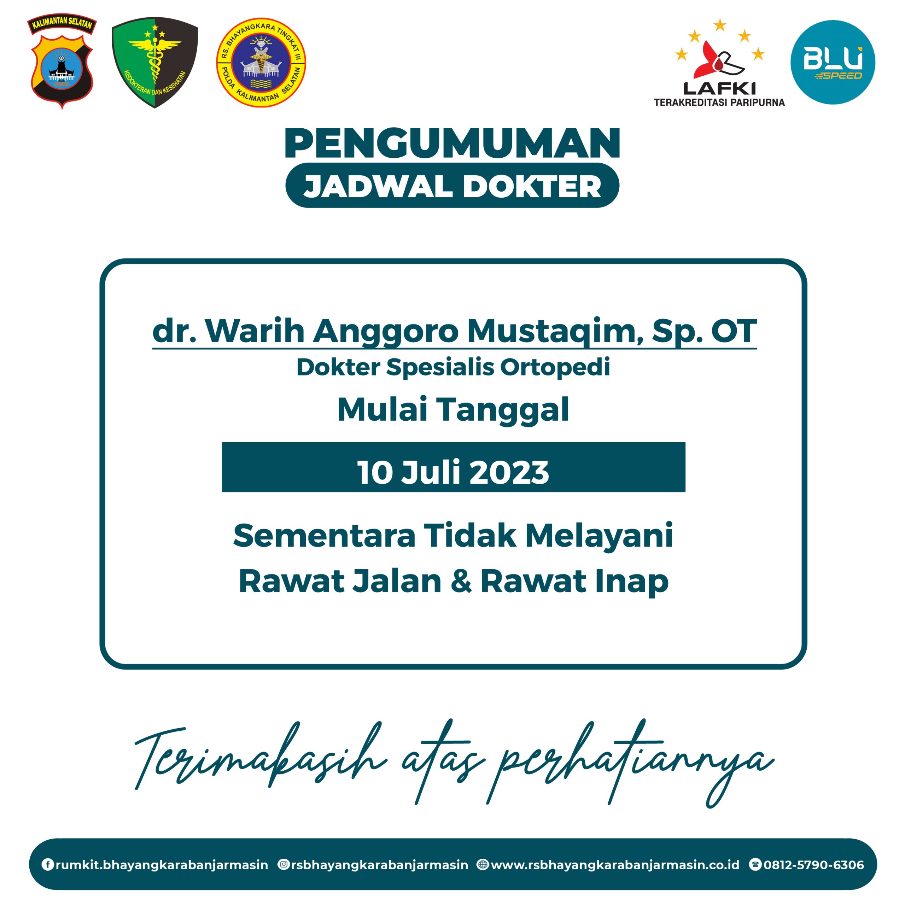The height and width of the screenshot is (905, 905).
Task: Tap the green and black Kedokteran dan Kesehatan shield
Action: tap(154, 62)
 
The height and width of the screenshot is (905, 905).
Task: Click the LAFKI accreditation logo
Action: tap(719, 63)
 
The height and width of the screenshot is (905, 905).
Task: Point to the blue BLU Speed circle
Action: tap(833, 62)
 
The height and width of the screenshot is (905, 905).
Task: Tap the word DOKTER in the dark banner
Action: tap(532, 186)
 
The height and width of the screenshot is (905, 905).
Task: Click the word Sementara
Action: tap(324, 536)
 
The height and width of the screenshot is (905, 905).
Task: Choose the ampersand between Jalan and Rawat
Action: tap(461, 581)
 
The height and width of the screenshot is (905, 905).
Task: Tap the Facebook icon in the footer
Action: tap(47, 864)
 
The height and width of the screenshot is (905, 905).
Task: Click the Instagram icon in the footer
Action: tap(284, 864)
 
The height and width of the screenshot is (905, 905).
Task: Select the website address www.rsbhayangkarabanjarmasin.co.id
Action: tap(614, 865)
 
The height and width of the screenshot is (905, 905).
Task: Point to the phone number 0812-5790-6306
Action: tap(814, 865)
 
